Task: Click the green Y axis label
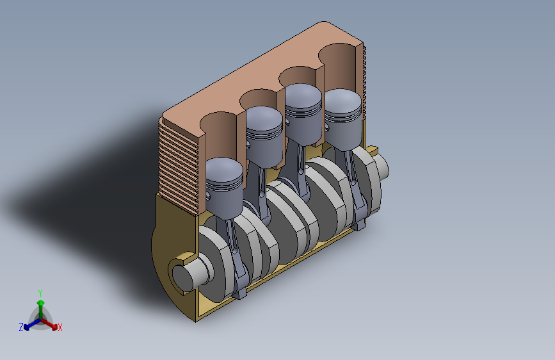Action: click(x=40, y=293)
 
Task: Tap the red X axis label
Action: click(x=60, y=327)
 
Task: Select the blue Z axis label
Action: click(x=21, y=327)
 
